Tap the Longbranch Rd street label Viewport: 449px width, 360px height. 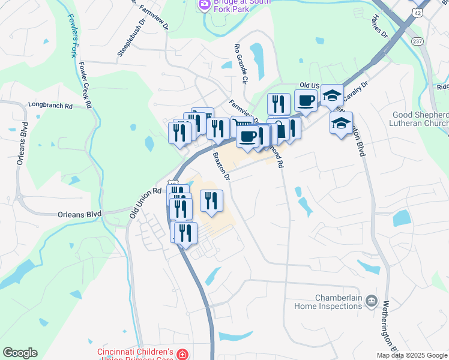point(50,106)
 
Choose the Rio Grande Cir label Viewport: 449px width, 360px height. point(241,62)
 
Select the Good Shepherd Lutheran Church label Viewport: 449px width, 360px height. point(420,119)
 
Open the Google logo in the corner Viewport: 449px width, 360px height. point(19,353)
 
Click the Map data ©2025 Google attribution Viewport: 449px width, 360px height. point(411,355)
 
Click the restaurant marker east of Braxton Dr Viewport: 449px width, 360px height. point(211,202)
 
